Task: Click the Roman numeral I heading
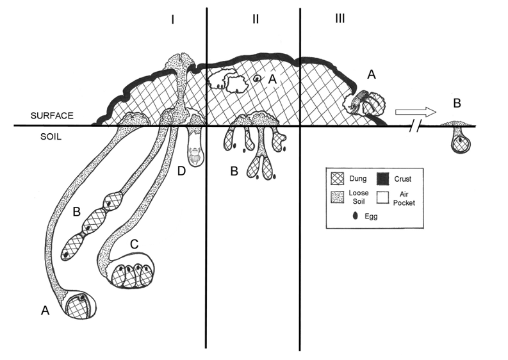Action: coord(173,20)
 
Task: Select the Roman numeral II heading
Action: coord(256,19)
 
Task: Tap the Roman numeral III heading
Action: coord(340,19)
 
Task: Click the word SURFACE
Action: coord(52,116)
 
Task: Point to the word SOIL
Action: coord(51,136)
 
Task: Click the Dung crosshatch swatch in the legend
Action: coord(338,179)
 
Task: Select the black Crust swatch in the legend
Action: coord(383,179)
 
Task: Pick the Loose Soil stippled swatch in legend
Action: coord(338,197)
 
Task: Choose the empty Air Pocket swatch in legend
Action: coord(383,197)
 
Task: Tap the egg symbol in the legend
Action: coord(356,216)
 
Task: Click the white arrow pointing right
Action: coord(415,112)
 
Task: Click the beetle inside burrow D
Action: coord(195,155)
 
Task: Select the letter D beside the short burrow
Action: coord(181,171)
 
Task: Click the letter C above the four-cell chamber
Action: coord(134,244)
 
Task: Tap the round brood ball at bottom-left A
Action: coord(81,306)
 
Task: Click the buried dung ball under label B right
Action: coord(461,143)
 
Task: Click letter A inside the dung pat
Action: coord(273,79)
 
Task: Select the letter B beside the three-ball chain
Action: coord(76,211)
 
